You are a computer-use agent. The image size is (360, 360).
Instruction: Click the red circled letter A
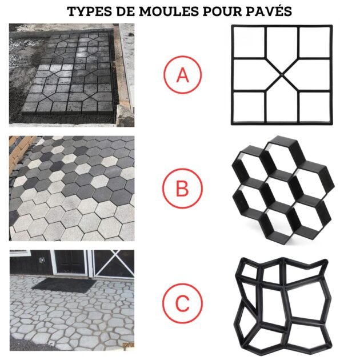click(x=182, y=75)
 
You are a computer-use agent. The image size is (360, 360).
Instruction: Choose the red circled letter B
click(x=182, y=187)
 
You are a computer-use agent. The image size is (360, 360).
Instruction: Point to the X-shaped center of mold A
click(x=281, y=74)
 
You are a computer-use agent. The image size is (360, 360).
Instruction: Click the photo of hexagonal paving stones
click(x=71, y=188)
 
